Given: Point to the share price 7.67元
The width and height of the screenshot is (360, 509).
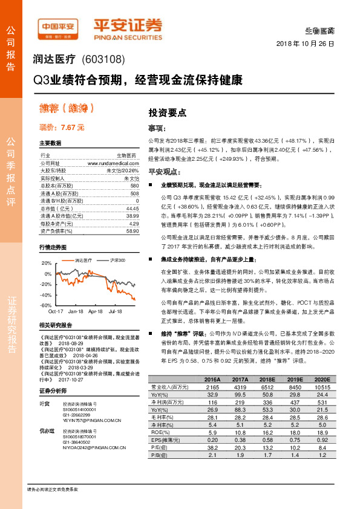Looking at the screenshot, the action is click(62, 128).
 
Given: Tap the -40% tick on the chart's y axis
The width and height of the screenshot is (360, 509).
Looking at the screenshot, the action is click(45, 295).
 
